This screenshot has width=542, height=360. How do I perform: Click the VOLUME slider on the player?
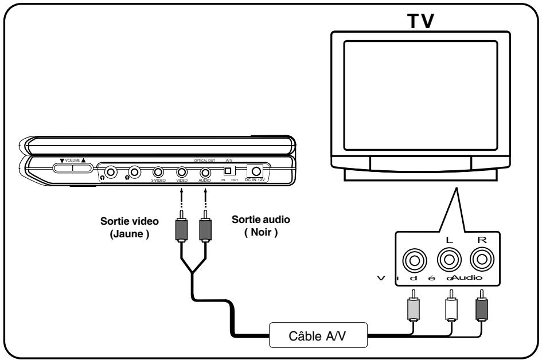pyautogui.click(x=73, y=168)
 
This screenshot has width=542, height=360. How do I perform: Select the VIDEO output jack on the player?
pyautogui.click(x=182, y=171)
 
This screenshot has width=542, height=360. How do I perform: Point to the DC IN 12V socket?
pyautogui.click(x=254, y=170)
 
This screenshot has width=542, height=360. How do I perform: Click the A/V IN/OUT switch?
pyautogui.click(x=228, y=171)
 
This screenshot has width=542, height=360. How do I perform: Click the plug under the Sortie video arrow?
pyautogui.click(x=182, y=233)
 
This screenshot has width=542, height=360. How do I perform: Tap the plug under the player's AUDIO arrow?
pyautogui.click(x=205, y=233)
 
